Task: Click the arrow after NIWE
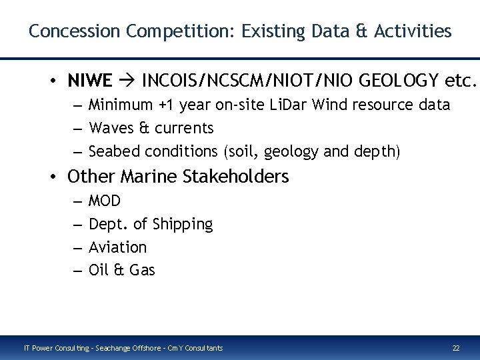coord(127,81)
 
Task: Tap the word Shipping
coord(184,225)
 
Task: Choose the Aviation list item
coord(117,247)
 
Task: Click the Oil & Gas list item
coord(121,271)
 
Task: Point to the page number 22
coord(456,348)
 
